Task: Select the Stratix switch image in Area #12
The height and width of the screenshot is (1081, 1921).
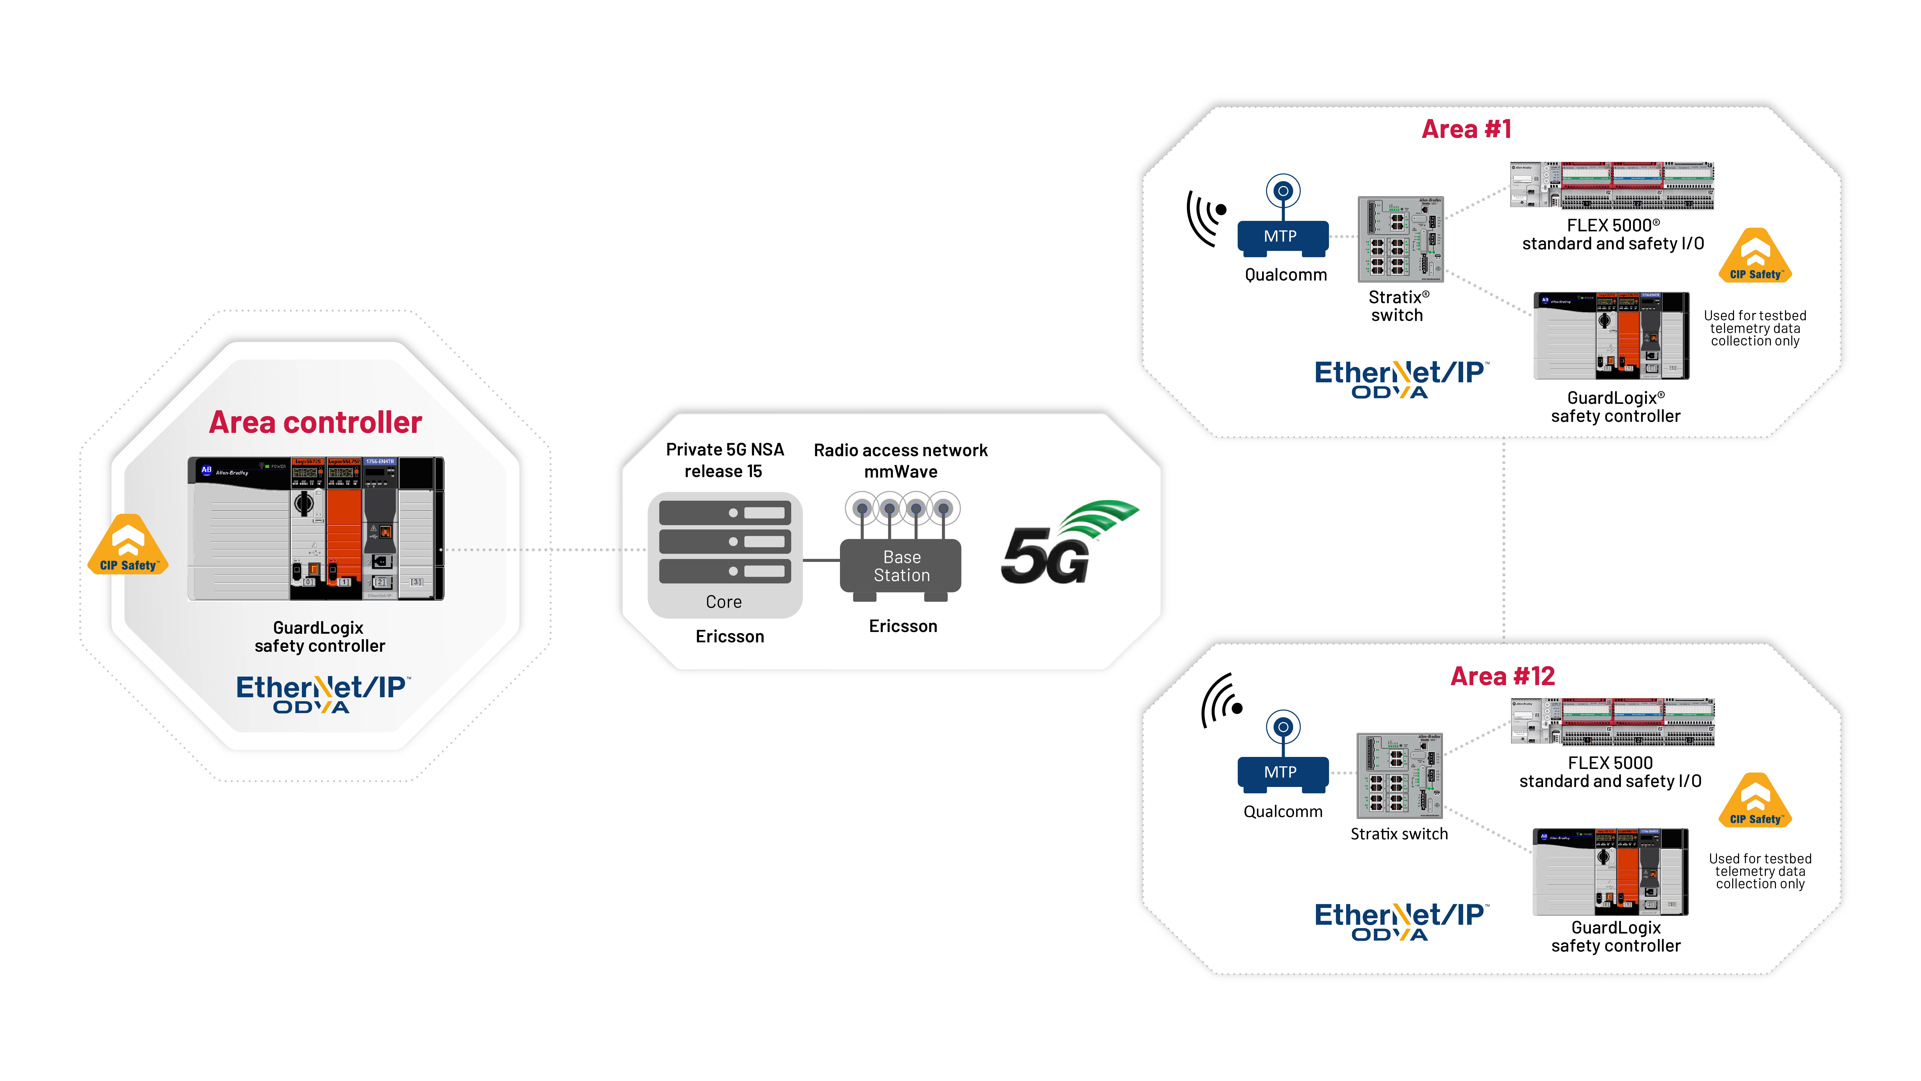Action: (1399, 776)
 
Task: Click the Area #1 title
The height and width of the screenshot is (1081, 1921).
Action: (1466, 129)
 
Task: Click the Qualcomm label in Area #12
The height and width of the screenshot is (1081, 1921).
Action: (1283, 812)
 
